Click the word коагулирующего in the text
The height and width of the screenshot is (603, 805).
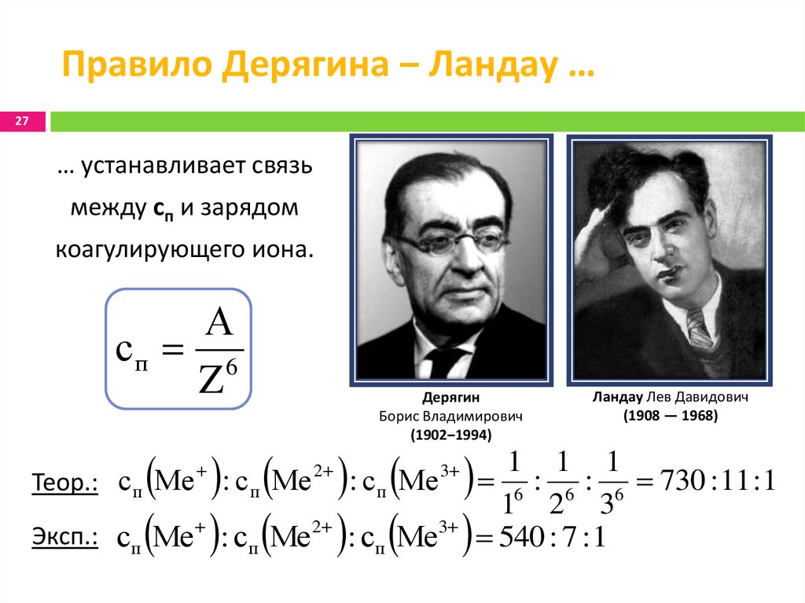pyautogui.click(x=164, y=249)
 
